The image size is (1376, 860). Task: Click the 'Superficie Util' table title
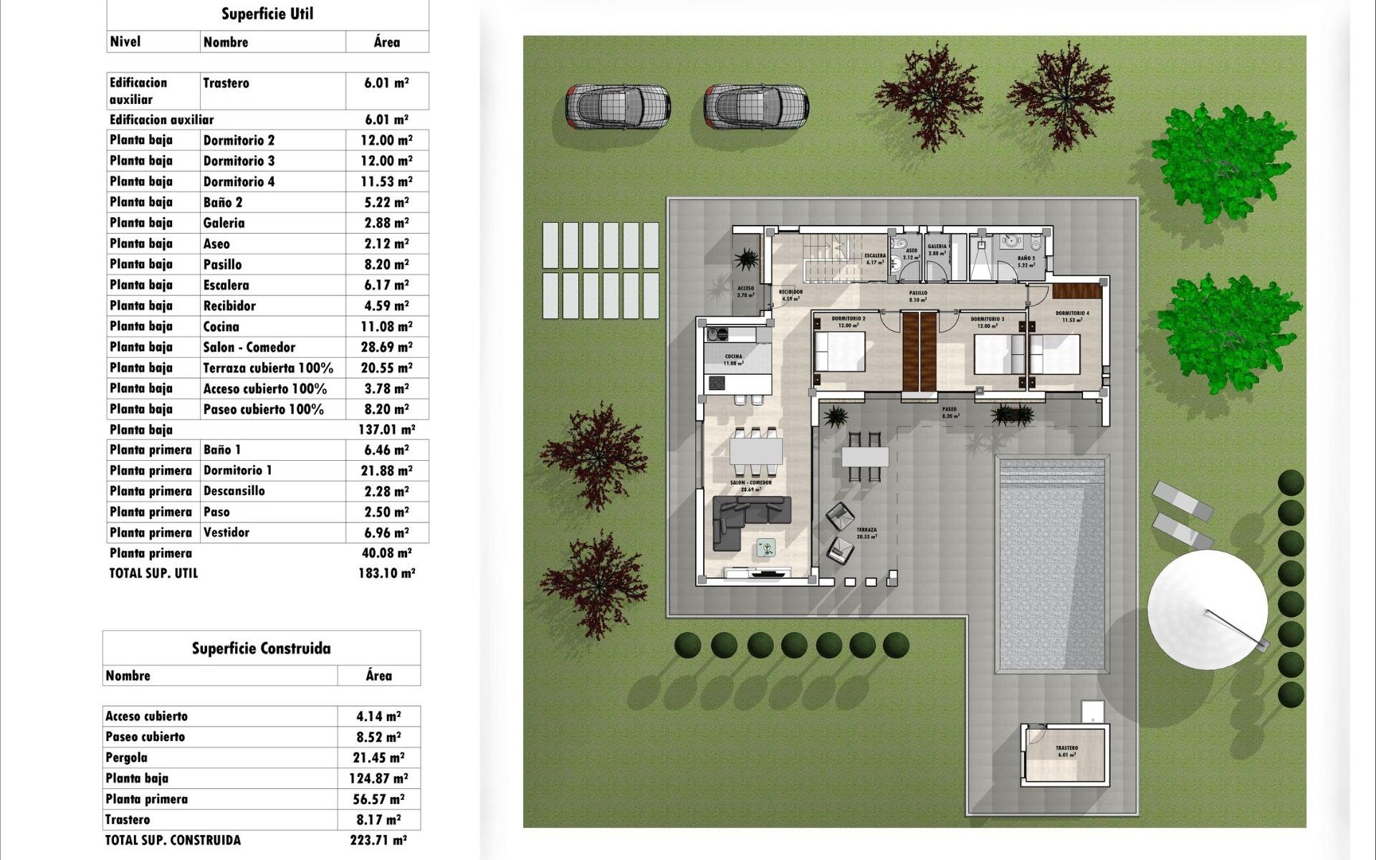[267, 14]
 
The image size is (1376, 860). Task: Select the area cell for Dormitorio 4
[386, 181]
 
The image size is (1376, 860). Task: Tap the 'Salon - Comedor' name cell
[249, 347]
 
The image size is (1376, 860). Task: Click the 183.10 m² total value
[386, 573]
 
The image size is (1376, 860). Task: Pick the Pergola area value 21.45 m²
[378, 758]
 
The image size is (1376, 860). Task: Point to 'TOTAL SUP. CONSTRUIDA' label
[173, 840]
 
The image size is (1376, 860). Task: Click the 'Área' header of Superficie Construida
[378, 676]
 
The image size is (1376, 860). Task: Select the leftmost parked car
[617, 106]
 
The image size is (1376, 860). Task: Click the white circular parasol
[1207, 610]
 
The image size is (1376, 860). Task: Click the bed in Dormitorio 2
[840, 352]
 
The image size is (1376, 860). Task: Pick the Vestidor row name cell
[226, 532]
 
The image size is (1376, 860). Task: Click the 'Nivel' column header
[125, 42]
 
